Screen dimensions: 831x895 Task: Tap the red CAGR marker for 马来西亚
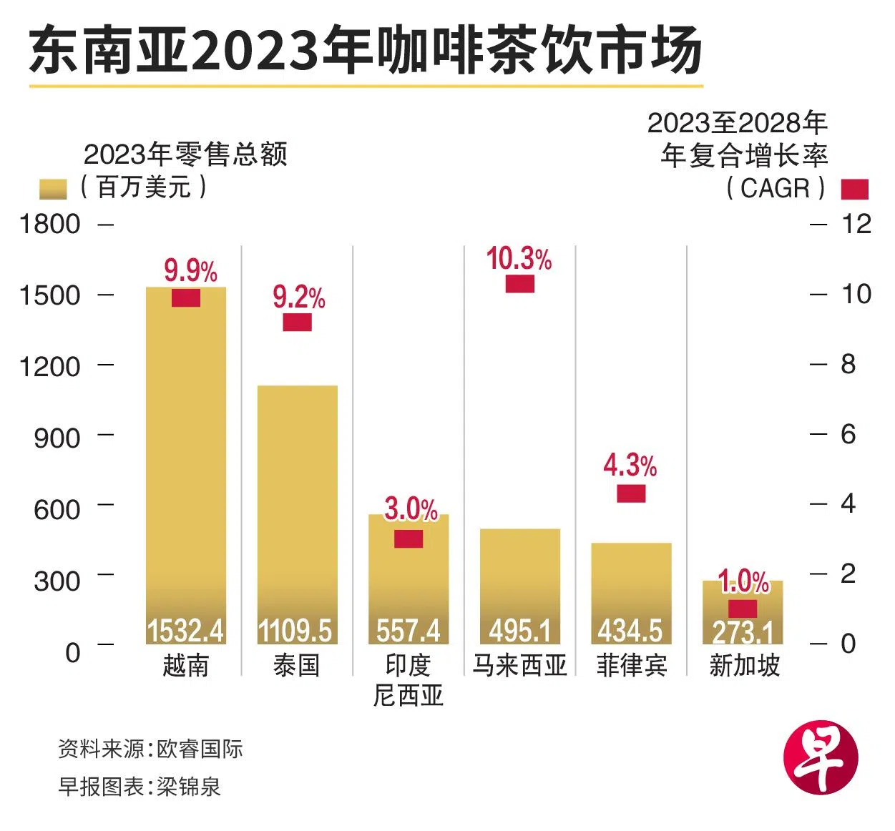coord(520,283)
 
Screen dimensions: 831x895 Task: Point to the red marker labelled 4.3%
coord(631,493)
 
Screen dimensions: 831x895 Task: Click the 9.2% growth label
coord(299,297)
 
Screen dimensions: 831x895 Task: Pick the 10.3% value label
coord(519,259)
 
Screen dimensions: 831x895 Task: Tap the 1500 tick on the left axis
coord(49,295)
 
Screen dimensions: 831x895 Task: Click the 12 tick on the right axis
coord(856,224)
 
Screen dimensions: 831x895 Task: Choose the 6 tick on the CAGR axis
coord(848,434)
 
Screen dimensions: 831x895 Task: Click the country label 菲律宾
coord(631,666)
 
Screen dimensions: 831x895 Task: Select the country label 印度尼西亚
coord(409,680)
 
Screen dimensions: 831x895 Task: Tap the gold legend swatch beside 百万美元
coord(52,189)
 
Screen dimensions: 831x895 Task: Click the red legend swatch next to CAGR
coord(854,189)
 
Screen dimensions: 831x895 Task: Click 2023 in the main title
coord(255,51)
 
